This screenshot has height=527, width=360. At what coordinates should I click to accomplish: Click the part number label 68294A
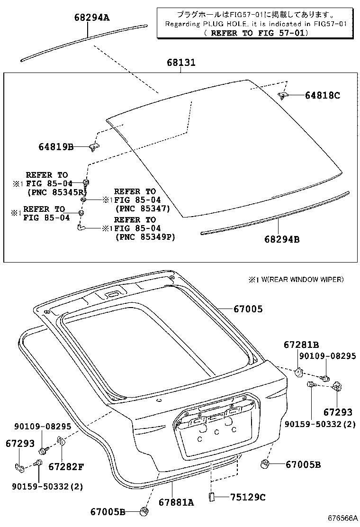[x=91, y=18]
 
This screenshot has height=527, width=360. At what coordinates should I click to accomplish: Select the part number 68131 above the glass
[x=180, y=63]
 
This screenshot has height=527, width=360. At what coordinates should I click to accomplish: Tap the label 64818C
[x=322, y=95]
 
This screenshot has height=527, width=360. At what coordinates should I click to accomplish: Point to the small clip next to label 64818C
[x=283, y=96]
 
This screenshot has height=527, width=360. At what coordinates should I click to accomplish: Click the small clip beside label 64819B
[x=93, y=147]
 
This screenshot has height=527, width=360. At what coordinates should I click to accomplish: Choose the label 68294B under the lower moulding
[x=282, y=239]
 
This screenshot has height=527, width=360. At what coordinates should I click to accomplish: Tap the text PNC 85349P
[x=145, y=237]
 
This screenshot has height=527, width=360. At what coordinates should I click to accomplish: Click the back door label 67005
[x=248, y=309]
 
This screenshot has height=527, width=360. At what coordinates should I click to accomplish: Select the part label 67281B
[x=301, y=345]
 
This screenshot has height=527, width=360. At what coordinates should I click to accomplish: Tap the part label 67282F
[x=66, y=467]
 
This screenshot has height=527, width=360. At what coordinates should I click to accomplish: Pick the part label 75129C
[x=248, y=497]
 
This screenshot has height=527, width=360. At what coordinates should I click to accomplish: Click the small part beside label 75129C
[x=212, y=496]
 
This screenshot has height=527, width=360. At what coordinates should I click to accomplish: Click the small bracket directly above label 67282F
[x=61, y=441]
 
